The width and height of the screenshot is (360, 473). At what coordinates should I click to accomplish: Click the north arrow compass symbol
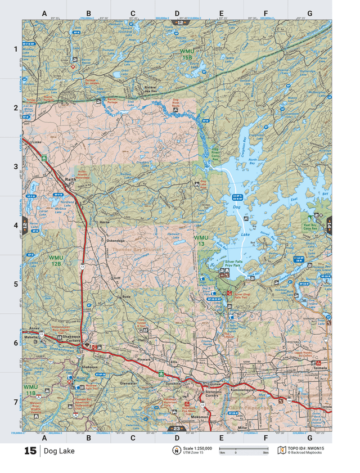[175, 451]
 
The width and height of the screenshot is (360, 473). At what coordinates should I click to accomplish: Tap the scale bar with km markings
[243, 449]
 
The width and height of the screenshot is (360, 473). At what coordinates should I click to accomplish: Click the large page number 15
[30, 451]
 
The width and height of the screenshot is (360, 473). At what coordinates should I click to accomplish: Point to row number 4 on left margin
[15, 225]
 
